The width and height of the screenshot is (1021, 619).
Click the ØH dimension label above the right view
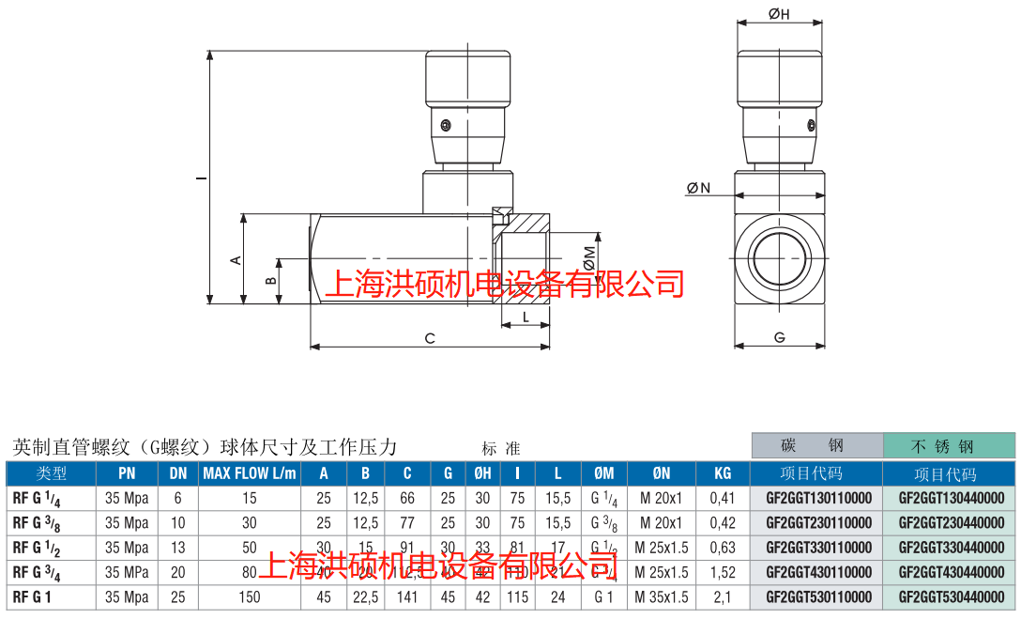pos(779,12)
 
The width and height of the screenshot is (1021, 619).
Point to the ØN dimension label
pos(698,189)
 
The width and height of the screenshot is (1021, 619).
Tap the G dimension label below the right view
pos(780,337)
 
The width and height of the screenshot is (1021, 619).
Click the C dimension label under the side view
pos(430,338)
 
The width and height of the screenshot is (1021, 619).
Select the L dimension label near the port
pos(526,317)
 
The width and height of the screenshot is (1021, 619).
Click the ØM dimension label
pos(588,258)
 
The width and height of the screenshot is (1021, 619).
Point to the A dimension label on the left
pos(237,260)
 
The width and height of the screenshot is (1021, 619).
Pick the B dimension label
pos(270,280)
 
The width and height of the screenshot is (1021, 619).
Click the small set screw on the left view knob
pos(448,124)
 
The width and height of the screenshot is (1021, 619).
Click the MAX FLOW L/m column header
pos(250,473)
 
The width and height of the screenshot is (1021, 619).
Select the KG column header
pos(722,473)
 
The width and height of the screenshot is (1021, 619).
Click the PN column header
pos(127,473)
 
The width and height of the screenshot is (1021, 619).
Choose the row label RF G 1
pos(31,596)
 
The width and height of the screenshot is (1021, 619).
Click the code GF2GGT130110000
pos(818,498)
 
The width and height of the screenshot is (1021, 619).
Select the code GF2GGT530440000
pos(951,596)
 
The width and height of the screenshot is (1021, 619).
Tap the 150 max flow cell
pos(249,596)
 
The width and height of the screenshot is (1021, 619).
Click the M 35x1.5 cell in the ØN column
pos(662,596)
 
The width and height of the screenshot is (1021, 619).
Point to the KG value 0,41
pos(722,498)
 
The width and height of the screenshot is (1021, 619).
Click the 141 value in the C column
pos(407,596)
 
